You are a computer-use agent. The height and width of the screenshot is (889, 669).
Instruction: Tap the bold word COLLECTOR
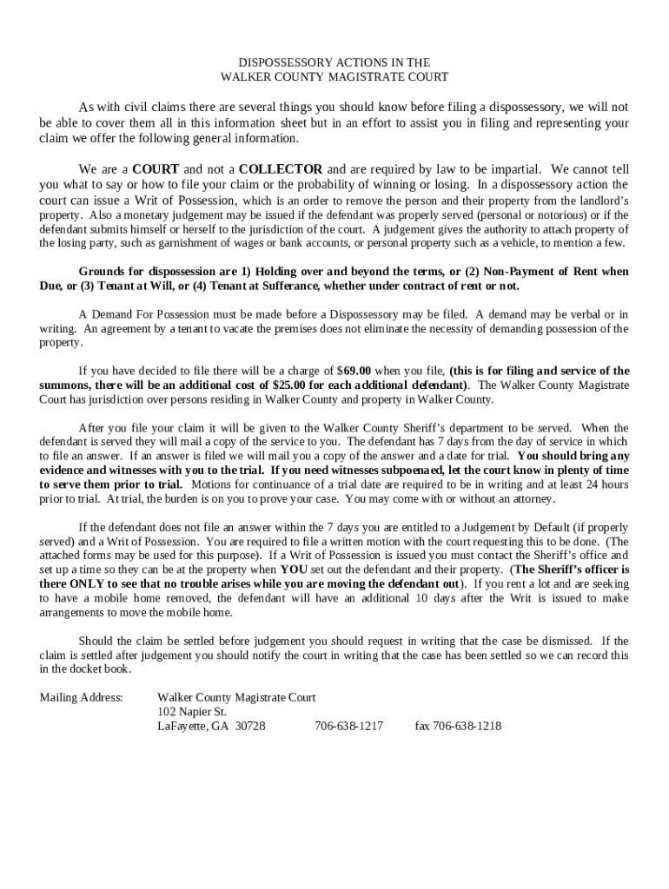click(x=281, y=168)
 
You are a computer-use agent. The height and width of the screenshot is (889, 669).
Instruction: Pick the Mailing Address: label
click(x=82, y=697)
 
